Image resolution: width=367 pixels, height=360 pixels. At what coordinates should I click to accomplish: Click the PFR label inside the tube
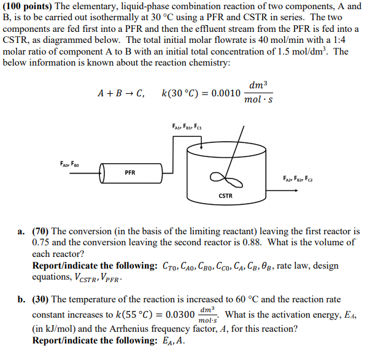coord(130,173)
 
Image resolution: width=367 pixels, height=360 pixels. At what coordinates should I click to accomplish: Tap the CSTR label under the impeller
coord(226,196)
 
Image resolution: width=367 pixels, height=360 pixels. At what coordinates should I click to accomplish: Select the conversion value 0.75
coord(42,242)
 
